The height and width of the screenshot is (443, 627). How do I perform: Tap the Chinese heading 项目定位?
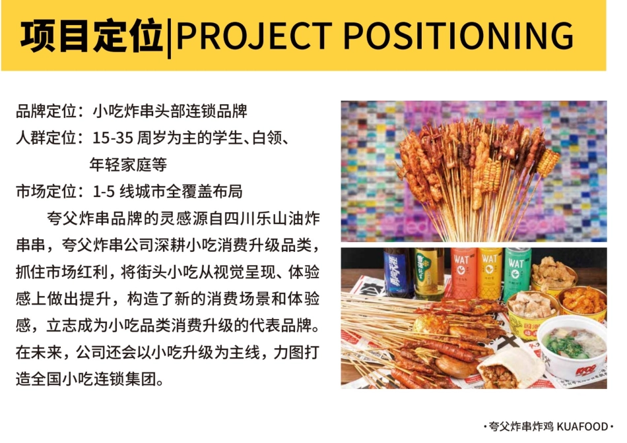tap(91, 36)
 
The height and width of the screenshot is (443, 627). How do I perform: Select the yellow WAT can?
tap(490, 272)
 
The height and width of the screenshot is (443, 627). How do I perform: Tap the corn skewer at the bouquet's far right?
tap(548, 162)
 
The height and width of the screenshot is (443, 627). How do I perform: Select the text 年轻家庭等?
tap(128, 165)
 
